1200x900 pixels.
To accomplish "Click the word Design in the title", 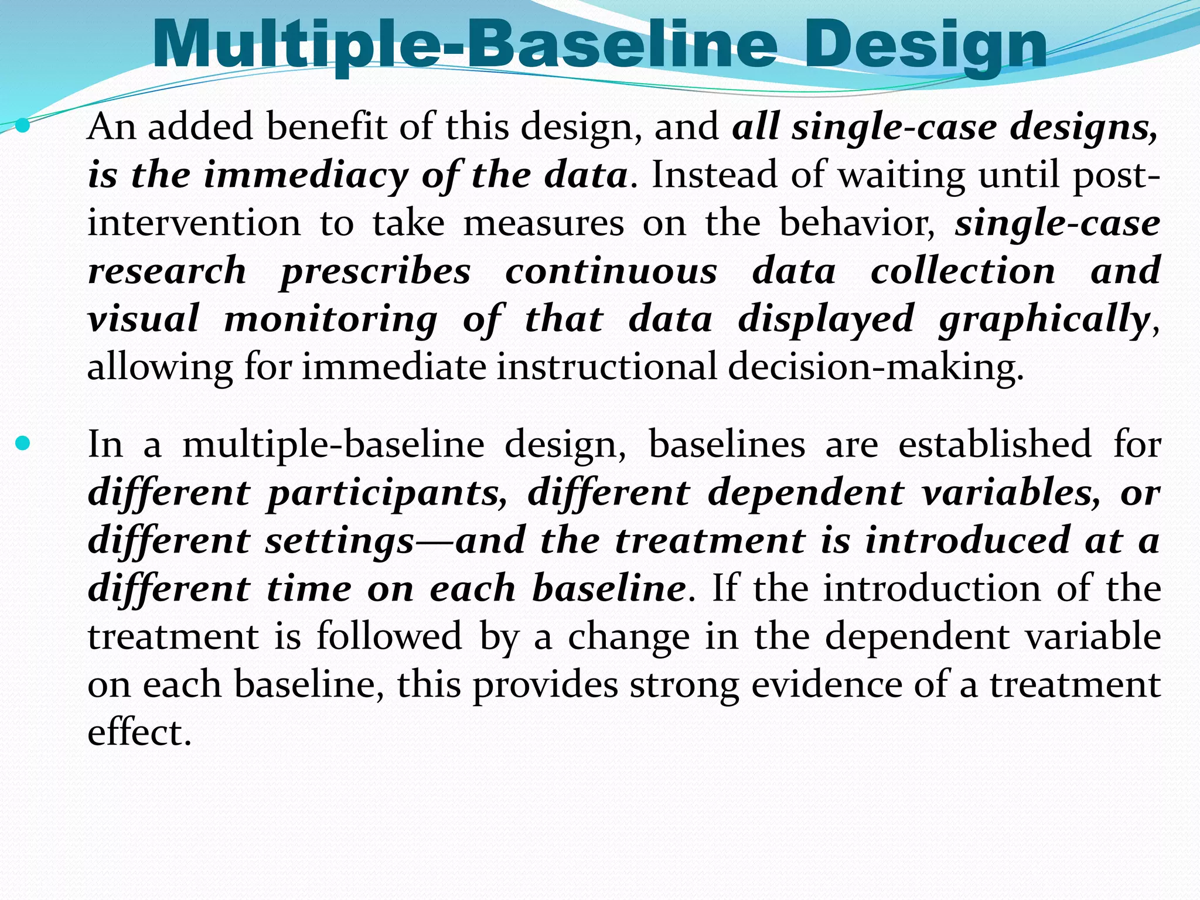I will click(926, 46).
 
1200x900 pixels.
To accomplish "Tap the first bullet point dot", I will click(22, 125).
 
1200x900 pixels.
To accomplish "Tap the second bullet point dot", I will click(22, 444).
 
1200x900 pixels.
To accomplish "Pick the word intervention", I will click(194, 223).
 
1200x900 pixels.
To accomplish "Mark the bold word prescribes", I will click(375, 272).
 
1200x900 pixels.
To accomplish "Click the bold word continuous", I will click(611, 271).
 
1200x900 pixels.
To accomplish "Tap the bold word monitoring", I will click(331, 320).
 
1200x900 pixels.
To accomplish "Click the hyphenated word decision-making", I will click(875, 367).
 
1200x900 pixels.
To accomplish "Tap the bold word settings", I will click(340, 541).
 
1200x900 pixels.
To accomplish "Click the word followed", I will click(390, 636).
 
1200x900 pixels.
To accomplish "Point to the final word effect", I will click(139, 732).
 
